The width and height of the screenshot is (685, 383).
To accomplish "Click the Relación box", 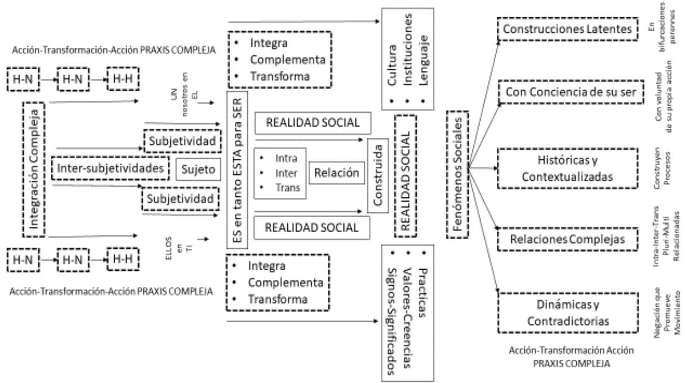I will [x=336, y=174].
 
